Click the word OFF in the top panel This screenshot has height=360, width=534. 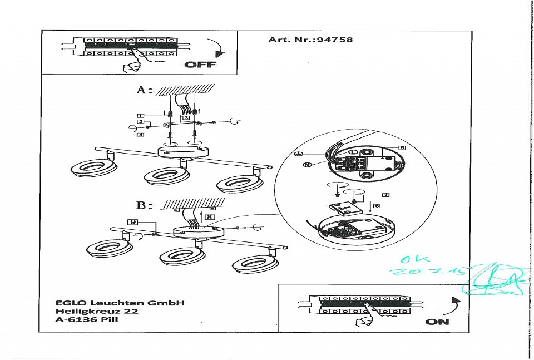(x=200, y=65)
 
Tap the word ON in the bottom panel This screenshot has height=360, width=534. (x=437, y=322)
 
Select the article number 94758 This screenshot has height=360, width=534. (x=334, y=40)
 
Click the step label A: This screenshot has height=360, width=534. (x=144, y=90)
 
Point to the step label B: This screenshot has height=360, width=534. (x=144, y=205)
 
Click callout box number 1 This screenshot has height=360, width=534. (x=141, y=115)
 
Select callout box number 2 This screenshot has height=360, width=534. (x=141, y=121)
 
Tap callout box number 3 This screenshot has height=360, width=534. (x=186, y=117)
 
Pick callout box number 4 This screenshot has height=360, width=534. (x=141, y=135)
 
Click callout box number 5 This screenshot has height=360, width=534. (x=402, y=147)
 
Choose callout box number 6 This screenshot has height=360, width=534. (x=376, y=206)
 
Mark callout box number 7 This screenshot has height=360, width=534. (x=385, y=195)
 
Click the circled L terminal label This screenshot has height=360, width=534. (x=353, y=152)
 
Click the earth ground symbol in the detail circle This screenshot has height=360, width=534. (x=298, y=153)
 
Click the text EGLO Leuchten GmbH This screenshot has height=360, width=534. (x=120, y=303)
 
